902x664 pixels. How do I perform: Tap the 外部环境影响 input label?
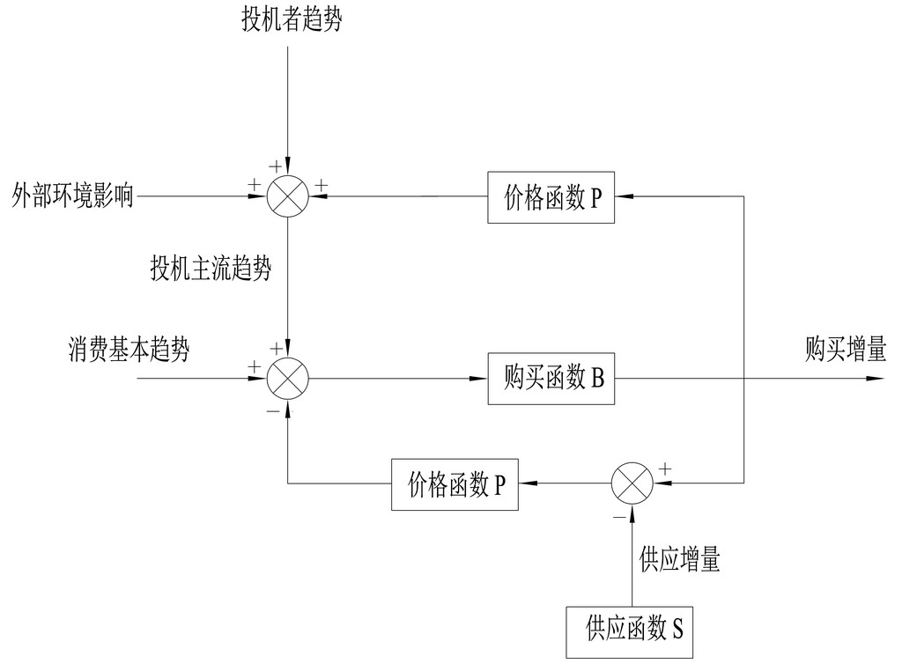click(73, 195)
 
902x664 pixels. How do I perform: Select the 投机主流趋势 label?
click(211, 269)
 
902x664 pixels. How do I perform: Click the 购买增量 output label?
click(845, 350)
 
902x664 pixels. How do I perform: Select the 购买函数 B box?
click(551, 379)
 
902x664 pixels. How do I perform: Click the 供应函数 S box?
click(632, 630)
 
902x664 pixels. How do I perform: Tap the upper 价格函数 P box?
click(551, 198)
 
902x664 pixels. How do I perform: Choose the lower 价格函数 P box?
click(455, 484)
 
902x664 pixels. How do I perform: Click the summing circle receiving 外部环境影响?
click(288, 196)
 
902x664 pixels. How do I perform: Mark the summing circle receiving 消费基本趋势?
click(288, 379)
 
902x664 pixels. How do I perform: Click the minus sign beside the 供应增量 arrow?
click(619, 515)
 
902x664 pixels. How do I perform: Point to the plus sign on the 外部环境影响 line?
click(255, 185)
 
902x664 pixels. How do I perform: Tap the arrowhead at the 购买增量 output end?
click(876, 379)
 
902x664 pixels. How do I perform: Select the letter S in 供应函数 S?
click(678, 630)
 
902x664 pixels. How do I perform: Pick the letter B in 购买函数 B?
click(597, 379)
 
